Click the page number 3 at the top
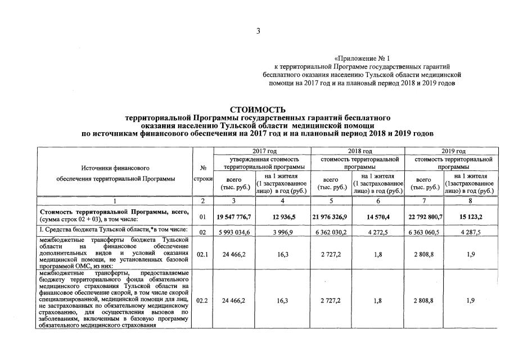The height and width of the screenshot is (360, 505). (x=258, y=31)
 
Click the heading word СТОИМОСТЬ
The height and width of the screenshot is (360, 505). (x=258, y=109)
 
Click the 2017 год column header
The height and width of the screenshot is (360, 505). (x=261, y=151)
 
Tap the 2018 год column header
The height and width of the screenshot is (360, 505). (x=359, y=151)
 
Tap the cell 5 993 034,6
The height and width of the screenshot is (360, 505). (x=236, y=231)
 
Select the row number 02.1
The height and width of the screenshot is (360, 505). (x=202, y=254)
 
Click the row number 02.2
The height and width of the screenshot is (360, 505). (x=202, y=300)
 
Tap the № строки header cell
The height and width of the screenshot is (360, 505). (x=202, y=173)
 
